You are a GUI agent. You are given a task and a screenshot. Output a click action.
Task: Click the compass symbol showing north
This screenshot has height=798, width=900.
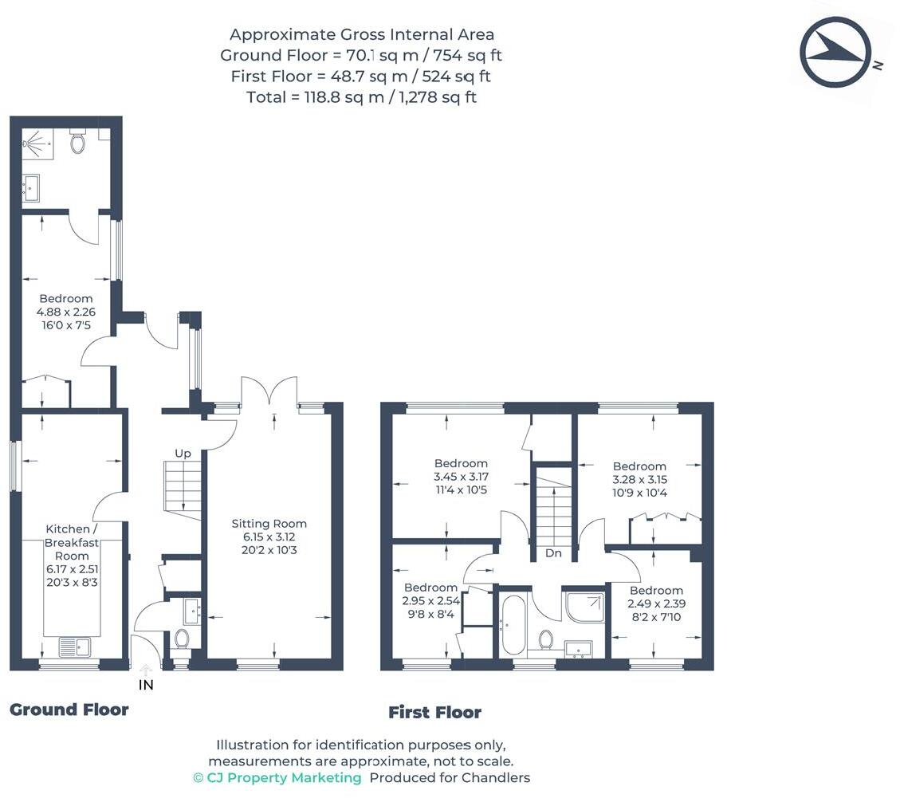click(x=835, y=53)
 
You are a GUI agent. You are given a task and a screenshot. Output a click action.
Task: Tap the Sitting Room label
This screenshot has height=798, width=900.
click(x=269, y=524)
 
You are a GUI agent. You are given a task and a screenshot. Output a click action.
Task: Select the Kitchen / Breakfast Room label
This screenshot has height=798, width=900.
click(x=72, y=542)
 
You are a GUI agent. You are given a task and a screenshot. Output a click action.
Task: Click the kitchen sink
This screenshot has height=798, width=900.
click(x=75, y=647)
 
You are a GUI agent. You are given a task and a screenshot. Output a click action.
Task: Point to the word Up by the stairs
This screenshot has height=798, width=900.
click(x=183, y=454)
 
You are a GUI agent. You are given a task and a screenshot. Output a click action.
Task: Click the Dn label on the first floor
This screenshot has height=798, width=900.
click(x=553, y=552)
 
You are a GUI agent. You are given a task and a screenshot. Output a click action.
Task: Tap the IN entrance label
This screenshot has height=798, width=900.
click(x=146, y=685)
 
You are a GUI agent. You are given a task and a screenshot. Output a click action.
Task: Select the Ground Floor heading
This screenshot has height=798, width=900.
click(x=69, y=710)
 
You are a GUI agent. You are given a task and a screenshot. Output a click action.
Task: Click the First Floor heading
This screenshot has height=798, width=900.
click(x=434, y=713)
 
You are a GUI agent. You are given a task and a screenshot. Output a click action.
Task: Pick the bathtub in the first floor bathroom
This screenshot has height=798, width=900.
click(x=513, y=625)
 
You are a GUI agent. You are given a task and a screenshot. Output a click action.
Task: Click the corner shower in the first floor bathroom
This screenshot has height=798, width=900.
click(x=585, y=606)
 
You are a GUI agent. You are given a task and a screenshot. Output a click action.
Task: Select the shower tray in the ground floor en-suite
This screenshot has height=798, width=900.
click(x=37, y=143)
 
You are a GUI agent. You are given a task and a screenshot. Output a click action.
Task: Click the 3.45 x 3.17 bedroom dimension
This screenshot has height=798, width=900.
click(x=461, y=477)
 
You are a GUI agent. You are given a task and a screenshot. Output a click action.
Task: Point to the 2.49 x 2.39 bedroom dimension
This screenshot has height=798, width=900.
click(x=656, y=603)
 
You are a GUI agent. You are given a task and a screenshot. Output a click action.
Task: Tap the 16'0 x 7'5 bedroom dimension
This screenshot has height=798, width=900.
click(x=66, y=325)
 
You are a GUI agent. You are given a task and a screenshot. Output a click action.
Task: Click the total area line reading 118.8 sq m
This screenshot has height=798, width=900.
click(x=362, y=97)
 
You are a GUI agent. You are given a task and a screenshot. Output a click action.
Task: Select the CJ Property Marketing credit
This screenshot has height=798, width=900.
click(x=277, y=778)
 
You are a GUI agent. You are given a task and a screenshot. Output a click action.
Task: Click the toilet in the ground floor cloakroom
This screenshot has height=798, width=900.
click(x=183, y=639)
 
